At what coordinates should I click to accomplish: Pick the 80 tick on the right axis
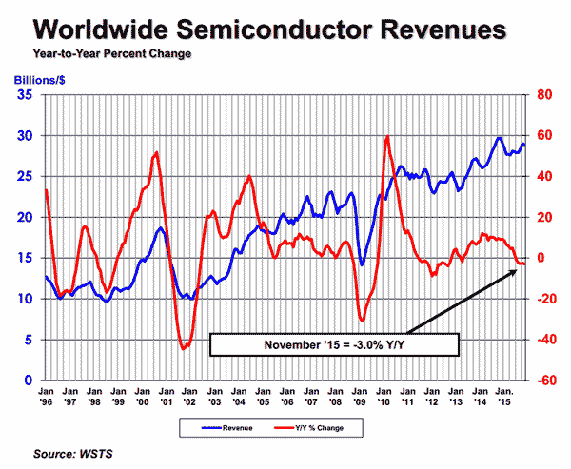[541, 95]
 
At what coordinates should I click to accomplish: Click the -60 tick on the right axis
[542, 381]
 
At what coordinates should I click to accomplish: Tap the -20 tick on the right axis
[542, 299]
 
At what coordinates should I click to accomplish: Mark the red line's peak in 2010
[386, 136]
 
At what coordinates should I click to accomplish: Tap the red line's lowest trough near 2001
[184, 349]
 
